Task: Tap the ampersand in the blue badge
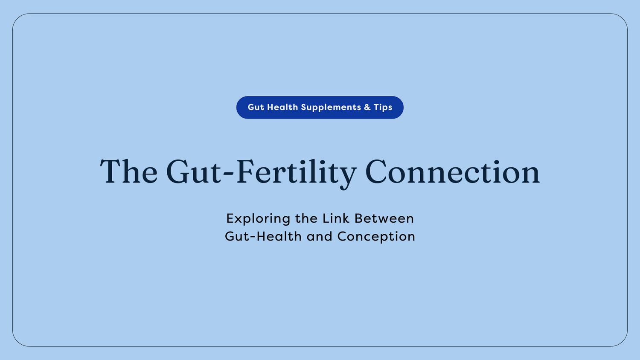(x=367, y=107)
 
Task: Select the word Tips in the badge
(x=383, y=107)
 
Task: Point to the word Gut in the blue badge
(x=256, y=107)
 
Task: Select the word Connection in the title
(x=452, y=172)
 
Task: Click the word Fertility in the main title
(x=296, y=172)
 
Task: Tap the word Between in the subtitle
(x=384, y=218)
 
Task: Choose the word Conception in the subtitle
(x=376, y=237)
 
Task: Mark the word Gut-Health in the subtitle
(x=263, y=236)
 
